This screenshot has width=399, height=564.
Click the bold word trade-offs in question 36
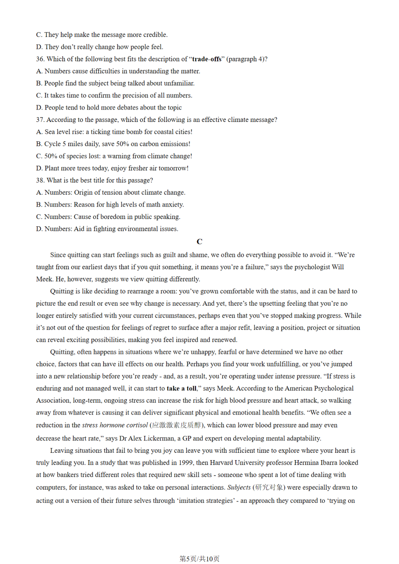pos(207,59)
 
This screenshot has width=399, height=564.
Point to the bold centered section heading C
pos(199,242)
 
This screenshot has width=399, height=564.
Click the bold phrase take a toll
pos(181,388)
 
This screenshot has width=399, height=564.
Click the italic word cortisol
pos(137,425)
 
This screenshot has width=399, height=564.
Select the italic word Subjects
pos(239,487)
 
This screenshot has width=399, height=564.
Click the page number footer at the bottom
pos(199,558)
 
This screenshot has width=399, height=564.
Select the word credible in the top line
pos(155,35)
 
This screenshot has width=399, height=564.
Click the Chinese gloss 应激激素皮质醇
pos(177,425)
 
